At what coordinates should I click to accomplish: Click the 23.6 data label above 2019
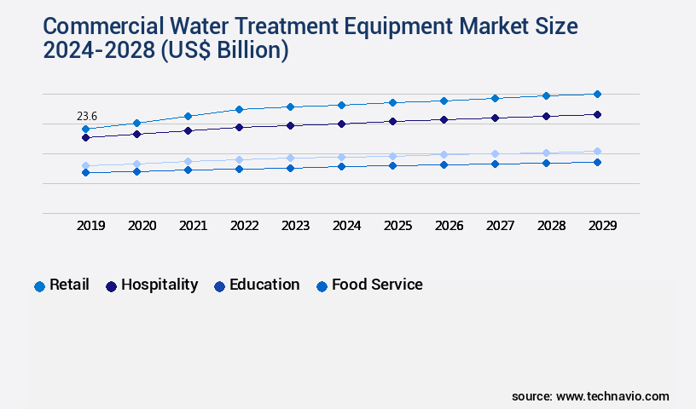click(x=87, y=116)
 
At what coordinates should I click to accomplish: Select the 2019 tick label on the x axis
click(x=90, y=226)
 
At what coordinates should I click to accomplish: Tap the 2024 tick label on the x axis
click(x=346, y=226)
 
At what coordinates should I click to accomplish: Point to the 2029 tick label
click(x=602, y=226)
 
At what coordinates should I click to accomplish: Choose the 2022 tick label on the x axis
click(x=244, y=226)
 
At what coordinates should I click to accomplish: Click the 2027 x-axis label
click(x=500, y=226)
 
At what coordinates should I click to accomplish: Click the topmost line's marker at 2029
click(x=597, y=94)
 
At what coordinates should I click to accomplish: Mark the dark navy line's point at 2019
click(x=85, y=137)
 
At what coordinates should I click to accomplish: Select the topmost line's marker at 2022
click(x=239, y=109)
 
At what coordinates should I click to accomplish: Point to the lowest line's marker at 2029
click(x=597, y=162)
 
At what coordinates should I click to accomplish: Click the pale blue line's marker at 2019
click(x=85, y=166)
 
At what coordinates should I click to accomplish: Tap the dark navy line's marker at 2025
click(x=392, y=121)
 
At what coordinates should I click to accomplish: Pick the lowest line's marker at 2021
click(x=188, y=170)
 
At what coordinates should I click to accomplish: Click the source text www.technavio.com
click(x=612, y=396)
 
